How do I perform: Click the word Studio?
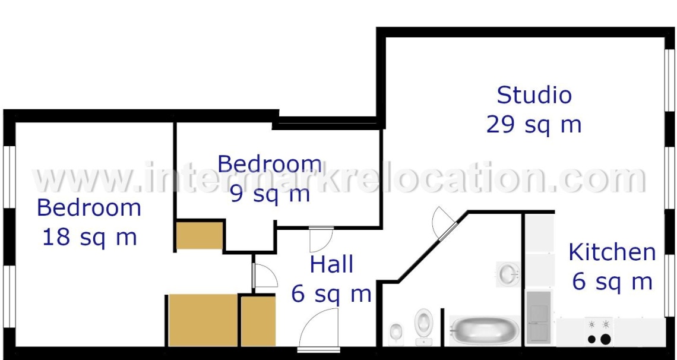point(534,95)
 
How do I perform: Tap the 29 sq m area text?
point(533,125)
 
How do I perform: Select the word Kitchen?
point(612,252)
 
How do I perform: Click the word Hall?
point(331,265)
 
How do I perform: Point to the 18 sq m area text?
point(89,237)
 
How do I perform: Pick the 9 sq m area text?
point(270,194)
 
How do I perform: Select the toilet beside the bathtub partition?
point(423,324)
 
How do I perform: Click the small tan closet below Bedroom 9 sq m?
point(199,235)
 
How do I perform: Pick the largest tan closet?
point(203,320)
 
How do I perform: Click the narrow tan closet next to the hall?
point(258,320)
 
